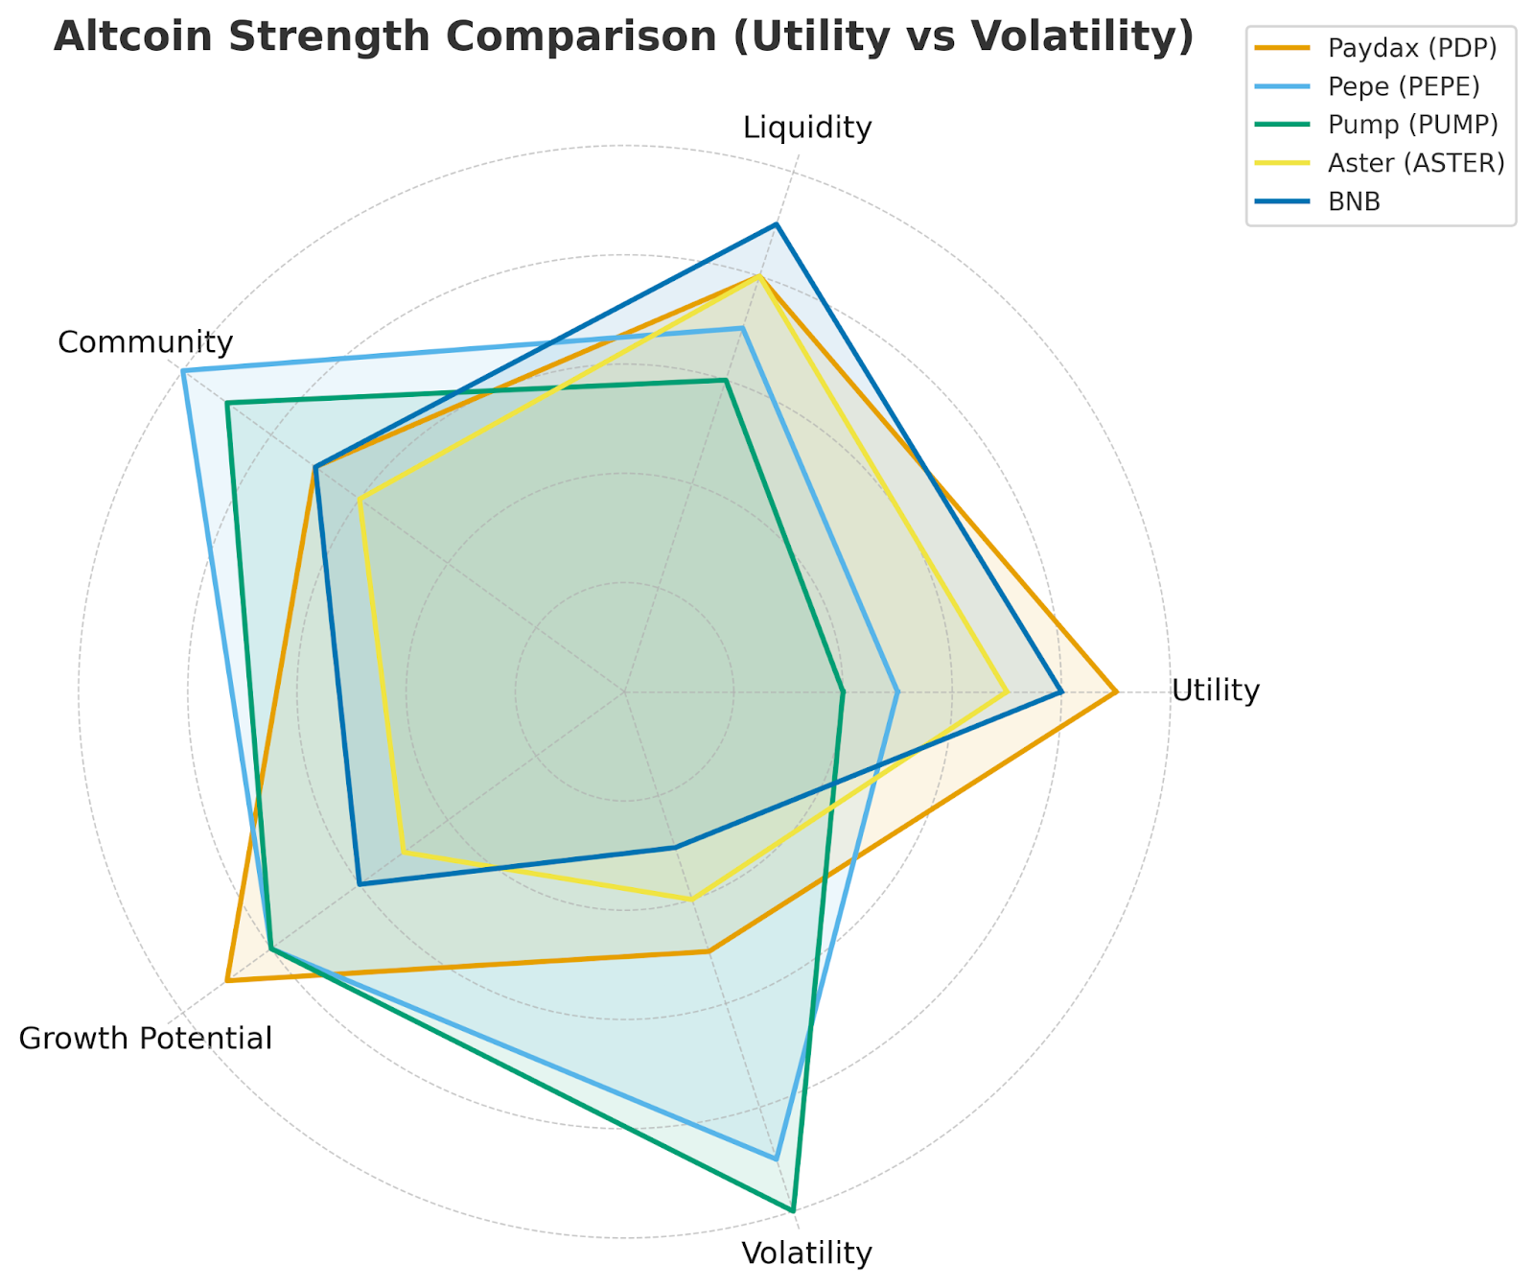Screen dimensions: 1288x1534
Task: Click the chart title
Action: point(624,37)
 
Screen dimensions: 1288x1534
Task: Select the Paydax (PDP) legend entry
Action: point(1411,48)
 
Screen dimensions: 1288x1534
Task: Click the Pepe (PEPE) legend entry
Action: point(1403,86)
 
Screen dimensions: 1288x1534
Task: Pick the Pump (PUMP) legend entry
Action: point(1412,125)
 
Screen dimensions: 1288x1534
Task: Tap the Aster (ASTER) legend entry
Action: point(1415,163)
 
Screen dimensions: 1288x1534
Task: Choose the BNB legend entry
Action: point(1354,201)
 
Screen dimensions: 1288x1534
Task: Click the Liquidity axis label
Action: point(807,128)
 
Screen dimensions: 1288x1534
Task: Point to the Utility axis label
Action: point(1216,691)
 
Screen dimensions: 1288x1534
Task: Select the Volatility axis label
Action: point(807,1253)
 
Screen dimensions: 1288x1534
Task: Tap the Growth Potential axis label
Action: point(146,1039)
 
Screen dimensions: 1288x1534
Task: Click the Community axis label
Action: point(146,342)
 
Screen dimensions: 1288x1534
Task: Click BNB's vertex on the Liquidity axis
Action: point(777,224)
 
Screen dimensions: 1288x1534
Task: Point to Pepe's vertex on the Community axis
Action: point(183,371)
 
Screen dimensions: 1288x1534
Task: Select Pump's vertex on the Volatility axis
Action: point(793,1211)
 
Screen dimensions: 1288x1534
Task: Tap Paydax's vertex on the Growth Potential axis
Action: point(226,981)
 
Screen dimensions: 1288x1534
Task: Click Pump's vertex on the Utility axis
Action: point(843,691)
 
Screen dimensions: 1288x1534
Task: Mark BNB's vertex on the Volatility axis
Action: point(675,848)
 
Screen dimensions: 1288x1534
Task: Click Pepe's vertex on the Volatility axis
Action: point(777,1159)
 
